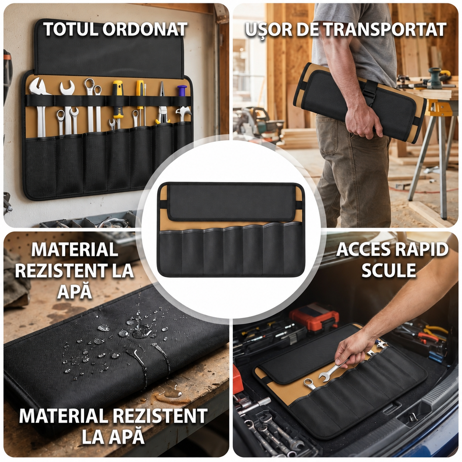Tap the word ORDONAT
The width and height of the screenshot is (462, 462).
pyautogui.click(x=145, y=29)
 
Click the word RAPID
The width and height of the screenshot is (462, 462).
pyautogui.click(x=421, y=249)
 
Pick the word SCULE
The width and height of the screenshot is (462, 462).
pyautogui.click(x=389, y=270)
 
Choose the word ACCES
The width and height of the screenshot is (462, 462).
pyautogui.click(x=364, y=249)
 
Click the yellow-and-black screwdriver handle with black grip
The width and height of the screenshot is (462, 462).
pyautogui.click(x=118, y=99)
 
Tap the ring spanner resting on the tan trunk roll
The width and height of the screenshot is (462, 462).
pyautogui.click(x=309, y=384)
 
